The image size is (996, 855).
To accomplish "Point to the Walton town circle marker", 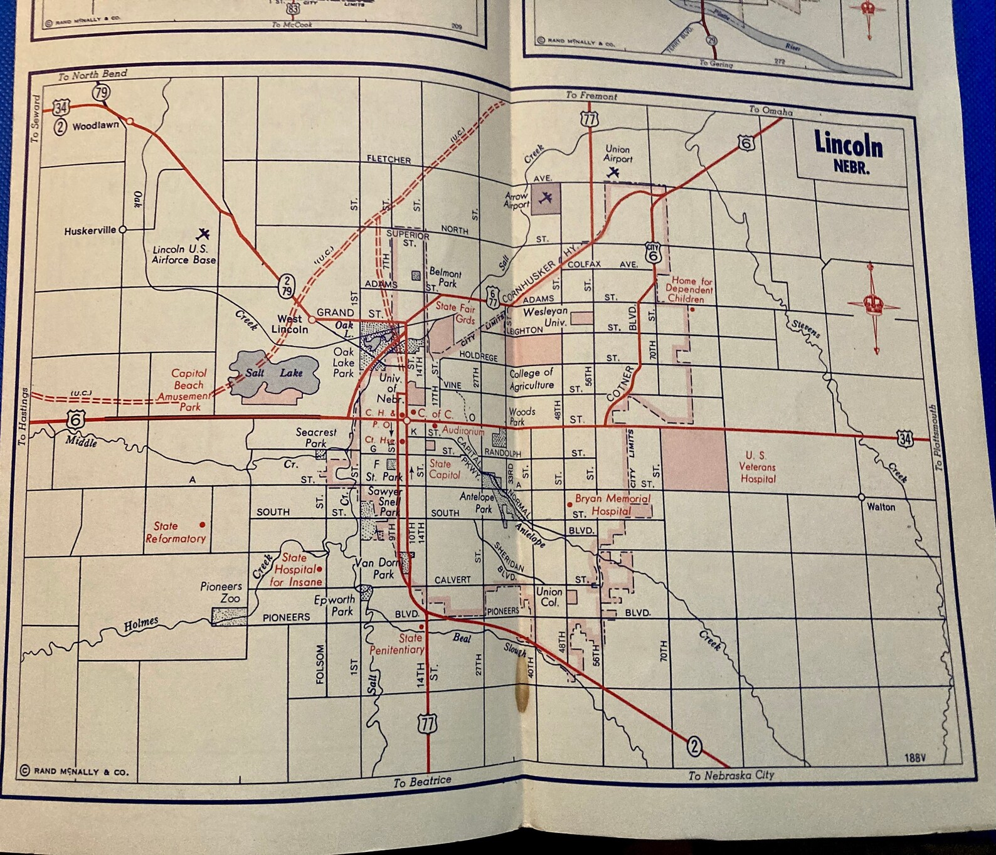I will (862, 497).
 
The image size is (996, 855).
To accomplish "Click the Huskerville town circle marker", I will (123, 230).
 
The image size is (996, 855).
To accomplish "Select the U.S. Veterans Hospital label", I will (758, 467).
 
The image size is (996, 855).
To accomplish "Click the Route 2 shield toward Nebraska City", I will (694, 747).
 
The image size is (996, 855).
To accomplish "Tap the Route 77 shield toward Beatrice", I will (427, 725).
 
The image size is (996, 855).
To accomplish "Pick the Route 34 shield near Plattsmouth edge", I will (904, 438).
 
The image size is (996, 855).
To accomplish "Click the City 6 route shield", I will (654, 253).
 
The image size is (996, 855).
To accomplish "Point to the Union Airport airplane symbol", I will (613, 172).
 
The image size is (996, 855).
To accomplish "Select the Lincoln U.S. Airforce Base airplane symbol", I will (203, 234).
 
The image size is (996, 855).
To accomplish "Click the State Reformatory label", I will (175, 532).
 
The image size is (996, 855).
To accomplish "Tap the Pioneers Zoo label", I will (221, 592).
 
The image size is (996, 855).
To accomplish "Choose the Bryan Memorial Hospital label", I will (612, 505).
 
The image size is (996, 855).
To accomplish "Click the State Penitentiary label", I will (397, 644).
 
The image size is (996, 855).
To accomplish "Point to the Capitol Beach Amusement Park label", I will (186, 389).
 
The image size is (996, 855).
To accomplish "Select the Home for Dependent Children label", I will (689, 290).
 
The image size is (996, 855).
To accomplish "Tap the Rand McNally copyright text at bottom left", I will (75, 771).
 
